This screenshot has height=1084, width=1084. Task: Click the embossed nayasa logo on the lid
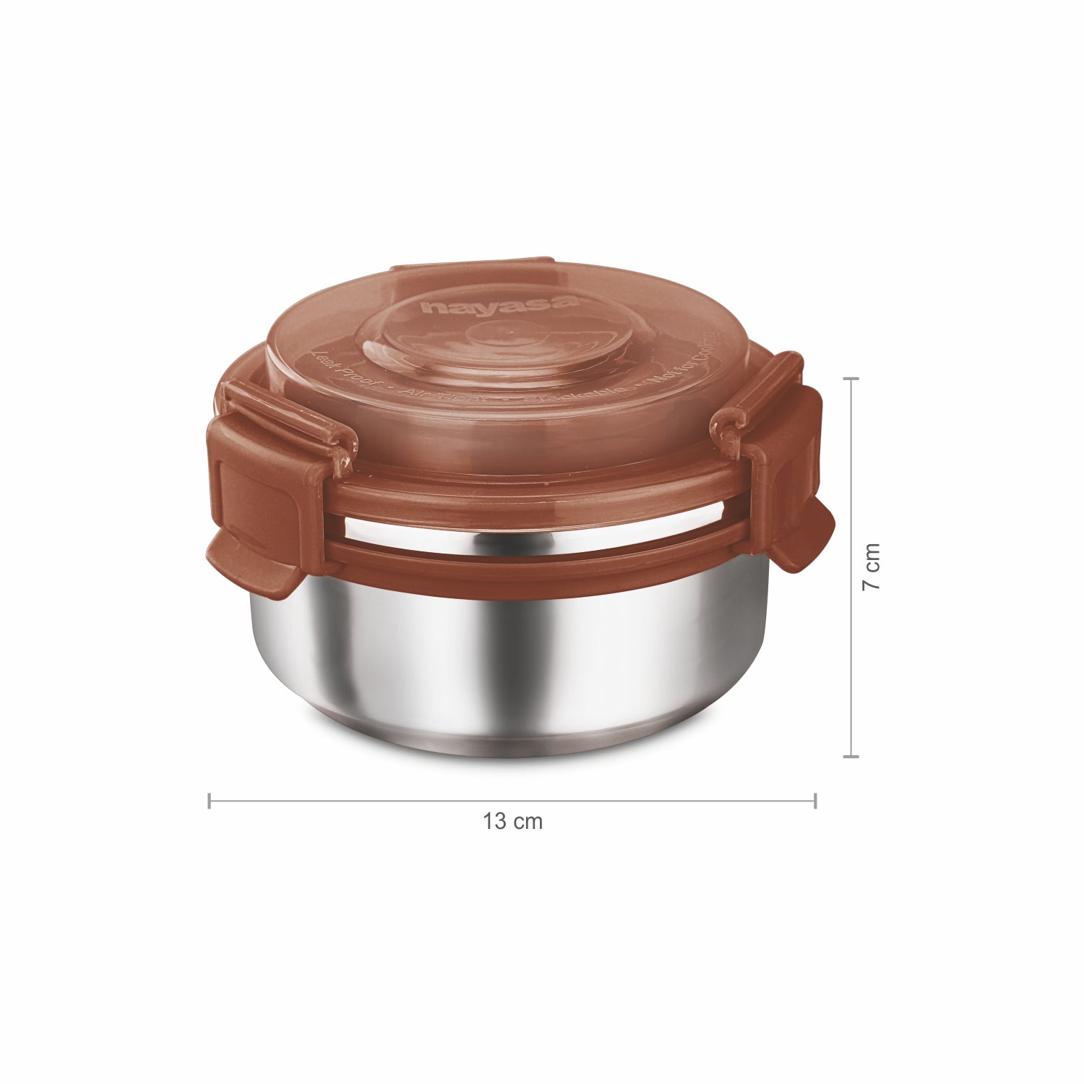coord(500,304)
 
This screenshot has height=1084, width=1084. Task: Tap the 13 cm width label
coord(512,822)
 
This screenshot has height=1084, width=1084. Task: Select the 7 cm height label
coord(872,566)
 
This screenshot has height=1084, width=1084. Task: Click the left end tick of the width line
coord(210,801)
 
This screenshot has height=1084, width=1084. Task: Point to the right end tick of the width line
coord(815,801)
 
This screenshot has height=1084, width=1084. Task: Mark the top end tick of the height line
coord(851,378)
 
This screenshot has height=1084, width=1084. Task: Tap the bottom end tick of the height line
coord(851,757)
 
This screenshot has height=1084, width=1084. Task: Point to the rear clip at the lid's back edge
coord(473,266)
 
